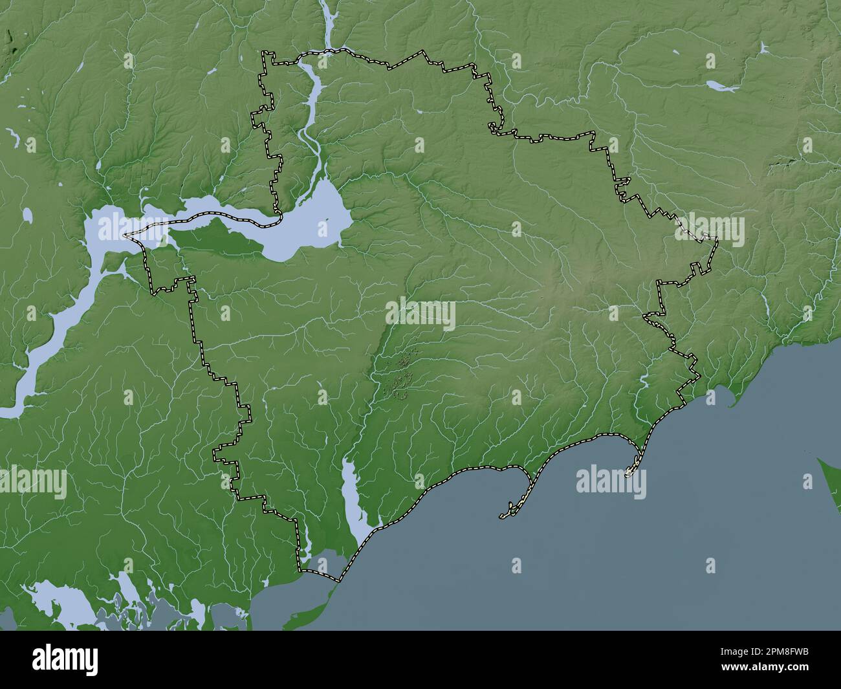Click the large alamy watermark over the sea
click(611, 482)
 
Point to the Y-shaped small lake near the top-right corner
click(764, 49)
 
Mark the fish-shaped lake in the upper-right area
click(720, 85)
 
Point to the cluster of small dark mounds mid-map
click(401, 375)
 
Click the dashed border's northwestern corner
click(263, 52)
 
